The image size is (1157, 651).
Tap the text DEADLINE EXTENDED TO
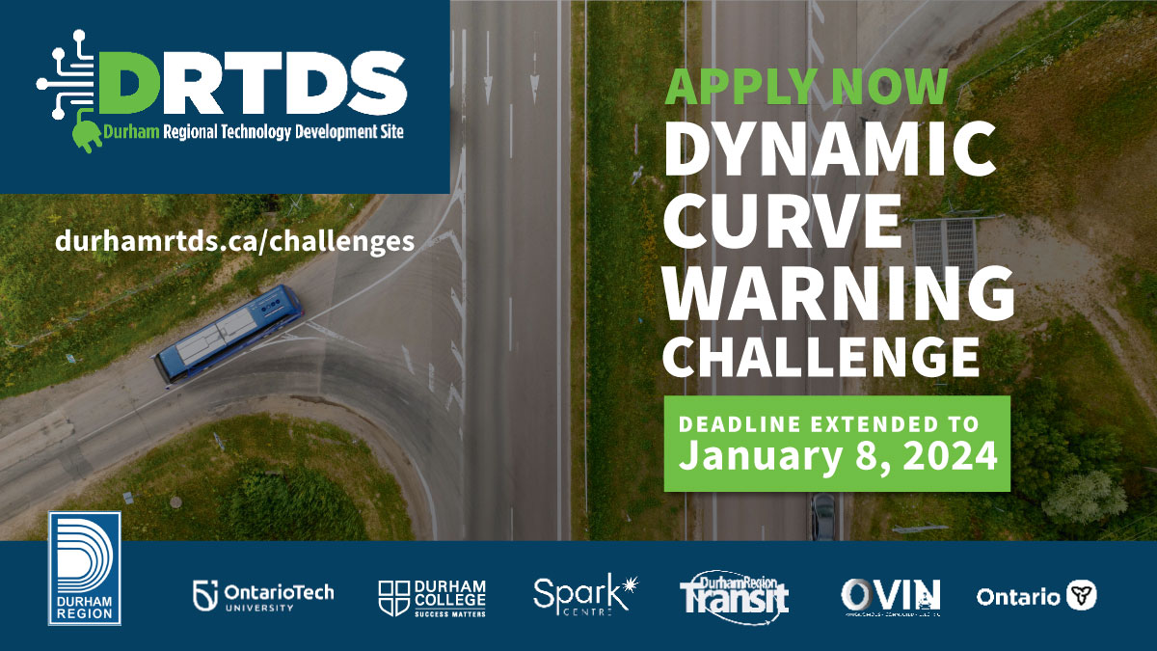(829, 423)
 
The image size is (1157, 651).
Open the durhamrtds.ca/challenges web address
(235, 239)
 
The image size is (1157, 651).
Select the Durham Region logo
(85, 569)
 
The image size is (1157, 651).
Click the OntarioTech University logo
(263, 595)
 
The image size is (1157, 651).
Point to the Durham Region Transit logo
(734, 593)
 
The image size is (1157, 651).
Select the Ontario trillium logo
(1036, 596)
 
